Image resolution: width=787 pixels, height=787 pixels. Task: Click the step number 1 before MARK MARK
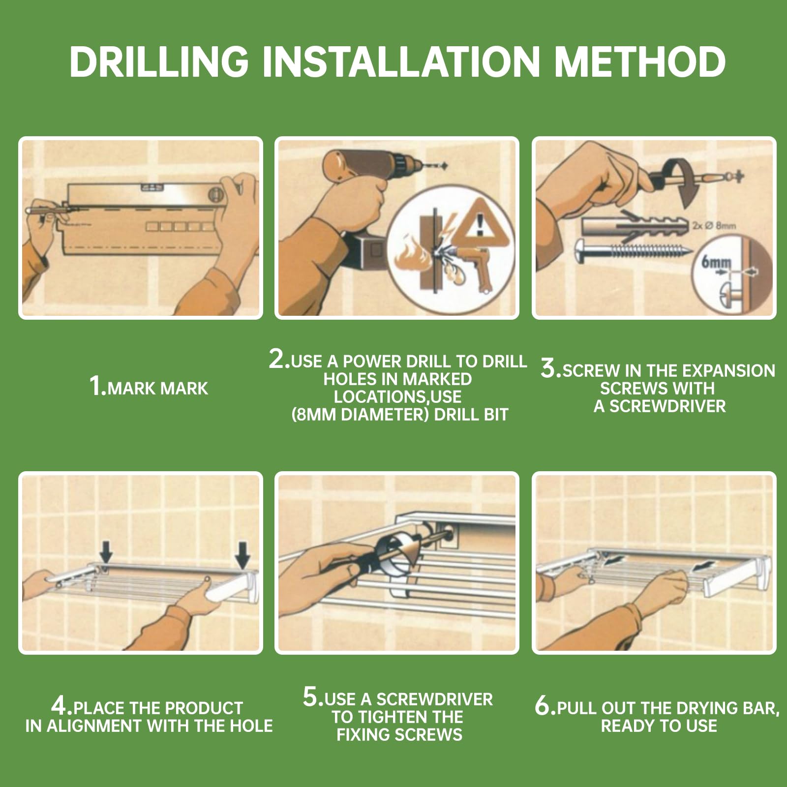click(x=97, y=386)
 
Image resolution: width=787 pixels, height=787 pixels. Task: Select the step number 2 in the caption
click(x=278, y=359)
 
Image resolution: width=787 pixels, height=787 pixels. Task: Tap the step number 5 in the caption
click(x=312, y=696)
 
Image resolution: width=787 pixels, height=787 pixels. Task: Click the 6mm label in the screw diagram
click(x=716, y=262)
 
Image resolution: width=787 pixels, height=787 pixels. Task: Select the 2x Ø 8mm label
click(x=714, y=226)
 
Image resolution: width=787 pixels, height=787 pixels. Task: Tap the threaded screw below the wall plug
click(x=636, y=252)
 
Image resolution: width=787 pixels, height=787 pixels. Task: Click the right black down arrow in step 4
click(x=242, y=554)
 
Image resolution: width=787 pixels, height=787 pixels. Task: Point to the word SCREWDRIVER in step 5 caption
click(x=434, y=699)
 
